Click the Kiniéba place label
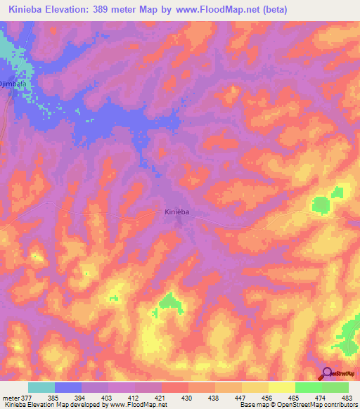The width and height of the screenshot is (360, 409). (x=178, y=212)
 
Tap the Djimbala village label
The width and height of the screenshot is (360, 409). (x=13, y=84)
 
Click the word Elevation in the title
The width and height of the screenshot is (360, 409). (x=73, y=9)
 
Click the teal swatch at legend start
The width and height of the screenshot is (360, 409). (x=41, y=387)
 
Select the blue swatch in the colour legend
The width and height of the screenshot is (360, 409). (x=68, y=387)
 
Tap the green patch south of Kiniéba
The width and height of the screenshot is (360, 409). (x=169, y=301)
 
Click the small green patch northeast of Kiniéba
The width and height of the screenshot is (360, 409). (x=321, y=204)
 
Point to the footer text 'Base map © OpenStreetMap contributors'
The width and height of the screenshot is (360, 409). (x=297, y=405)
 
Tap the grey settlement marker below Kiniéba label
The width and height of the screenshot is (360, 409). (x=179, y=223)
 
